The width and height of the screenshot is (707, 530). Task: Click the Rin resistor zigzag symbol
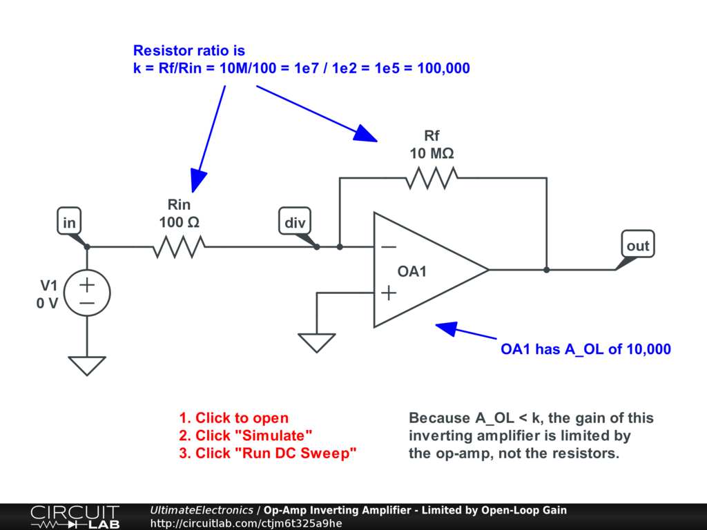[x=179, y=246]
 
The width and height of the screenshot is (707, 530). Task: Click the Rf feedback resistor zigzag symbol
[x=432, y=178]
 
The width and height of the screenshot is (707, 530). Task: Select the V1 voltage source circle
[x=87, y=293]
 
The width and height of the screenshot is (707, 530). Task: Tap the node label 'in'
[x=69, y=223]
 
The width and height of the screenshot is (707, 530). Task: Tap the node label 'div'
[x=294, y=223]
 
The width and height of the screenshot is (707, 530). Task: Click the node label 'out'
[x=637, y=246]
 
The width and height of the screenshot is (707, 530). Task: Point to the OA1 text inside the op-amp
[x=412, y=272]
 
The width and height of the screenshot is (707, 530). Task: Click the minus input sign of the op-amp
[x=389, y=246]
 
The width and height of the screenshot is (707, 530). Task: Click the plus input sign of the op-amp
[x=389, y=293]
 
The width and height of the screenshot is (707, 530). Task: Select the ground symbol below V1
[x=87, y=364]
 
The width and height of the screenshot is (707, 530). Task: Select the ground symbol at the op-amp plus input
[x=317, y=342]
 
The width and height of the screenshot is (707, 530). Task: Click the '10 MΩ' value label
[x=432, y=154]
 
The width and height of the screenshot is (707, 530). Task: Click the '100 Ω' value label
[x=179, y=222]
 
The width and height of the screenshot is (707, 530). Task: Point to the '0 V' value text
[x=47, y=303]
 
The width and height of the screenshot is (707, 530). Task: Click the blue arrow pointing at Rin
[x=209, y=138]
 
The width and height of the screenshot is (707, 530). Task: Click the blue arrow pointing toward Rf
[x=318, y=114]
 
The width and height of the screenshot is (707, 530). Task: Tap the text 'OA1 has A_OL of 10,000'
[x=585, y=349]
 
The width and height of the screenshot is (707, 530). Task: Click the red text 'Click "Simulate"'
[x=246, y=435]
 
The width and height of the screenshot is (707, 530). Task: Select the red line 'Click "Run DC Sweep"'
[x=268, y=453]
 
